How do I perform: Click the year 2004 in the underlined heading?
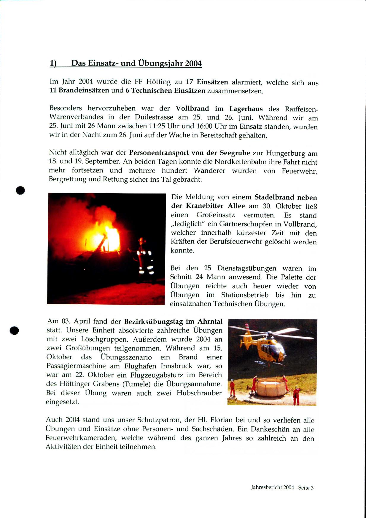(x=193, y=64)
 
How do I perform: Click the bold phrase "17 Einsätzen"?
(x=207, y=82)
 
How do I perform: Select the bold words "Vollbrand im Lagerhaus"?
(x=219, y=109)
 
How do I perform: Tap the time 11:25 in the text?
(x=157, y=126)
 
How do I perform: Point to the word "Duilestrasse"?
(x=154, y=117)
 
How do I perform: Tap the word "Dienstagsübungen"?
(x=246, y=268)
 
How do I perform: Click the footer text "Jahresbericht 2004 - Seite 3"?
(x=282, y=487)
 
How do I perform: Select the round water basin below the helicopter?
(x=271, y=387)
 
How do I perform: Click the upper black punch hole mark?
(x=20, y=190)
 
